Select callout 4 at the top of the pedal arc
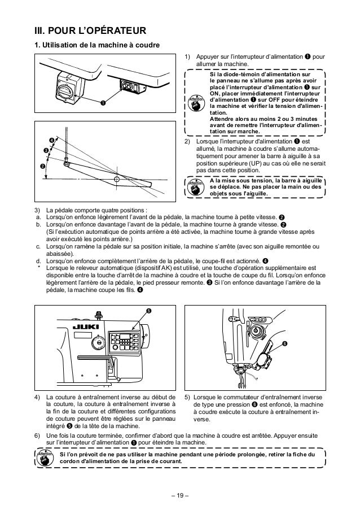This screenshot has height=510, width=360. click(52, 140)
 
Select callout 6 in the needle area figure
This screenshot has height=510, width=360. click(284, 344)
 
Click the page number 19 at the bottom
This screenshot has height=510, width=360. click(180, 496)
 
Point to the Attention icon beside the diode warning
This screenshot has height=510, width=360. click(195, 99)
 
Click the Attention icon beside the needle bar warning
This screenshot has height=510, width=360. click(195, 188)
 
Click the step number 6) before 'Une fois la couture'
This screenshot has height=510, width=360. click(38, 437)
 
